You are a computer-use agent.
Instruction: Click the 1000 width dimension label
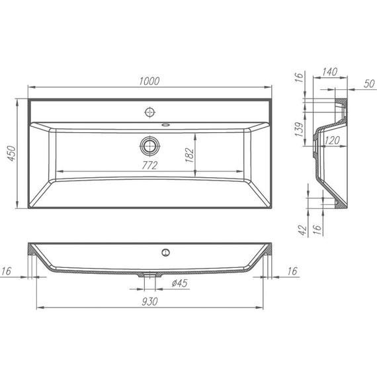[x=149, y=81]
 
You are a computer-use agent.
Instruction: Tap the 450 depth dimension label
[x=11, y=153]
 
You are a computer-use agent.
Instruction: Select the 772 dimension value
[x=149, y=165]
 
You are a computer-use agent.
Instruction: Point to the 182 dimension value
[x=190, y=155]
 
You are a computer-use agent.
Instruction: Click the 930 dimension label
[x=149, y=302]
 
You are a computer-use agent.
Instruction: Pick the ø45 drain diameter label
[x=180, y=283]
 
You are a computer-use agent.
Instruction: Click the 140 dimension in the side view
[x=330, y=71]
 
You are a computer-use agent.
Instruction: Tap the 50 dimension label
[x=369, y=83]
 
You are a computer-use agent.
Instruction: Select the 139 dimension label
[x=300, y=130]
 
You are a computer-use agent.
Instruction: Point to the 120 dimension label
[x=332, y=140]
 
